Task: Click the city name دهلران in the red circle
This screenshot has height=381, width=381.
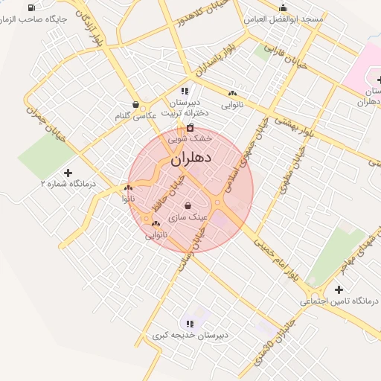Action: pyautogui.click(x=191, y=159)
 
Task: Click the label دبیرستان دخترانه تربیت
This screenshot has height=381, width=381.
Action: pyautogui.click(x=184, y=107)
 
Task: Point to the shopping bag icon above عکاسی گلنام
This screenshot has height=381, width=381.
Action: pyautogui.click(x=135, y=104)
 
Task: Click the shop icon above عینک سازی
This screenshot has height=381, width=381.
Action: pyautogui.click(x=188, y=205)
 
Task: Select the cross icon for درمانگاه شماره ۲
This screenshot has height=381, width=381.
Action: pyautogui.click(x=68, y=172)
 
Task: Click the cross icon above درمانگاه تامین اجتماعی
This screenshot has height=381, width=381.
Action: pyautogui.click(x=339, y=289)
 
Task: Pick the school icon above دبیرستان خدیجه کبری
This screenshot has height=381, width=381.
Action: pyautogui.click(x=190, y=324)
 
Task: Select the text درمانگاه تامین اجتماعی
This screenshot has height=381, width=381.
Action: pyautogui.click(x=339, y=301)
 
